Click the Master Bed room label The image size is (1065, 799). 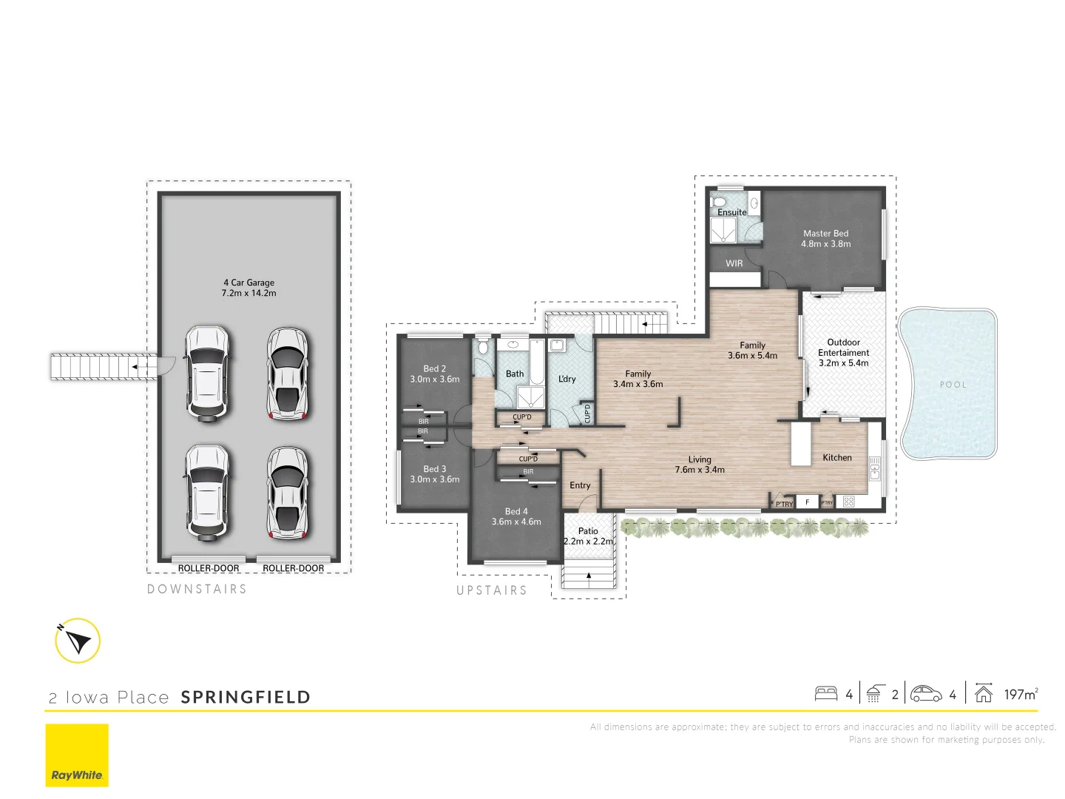pos(825,238)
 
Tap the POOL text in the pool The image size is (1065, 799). pos(953,385)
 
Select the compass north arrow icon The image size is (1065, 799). pos(78,641)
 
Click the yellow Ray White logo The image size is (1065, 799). pos(77,755)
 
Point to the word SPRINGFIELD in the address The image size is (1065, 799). pos(246,697)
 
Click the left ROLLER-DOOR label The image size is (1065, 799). pos(209,568)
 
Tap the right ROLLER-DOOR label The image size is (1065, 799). pos(293,568)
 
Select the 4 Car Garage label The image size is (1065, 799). pos(248,288)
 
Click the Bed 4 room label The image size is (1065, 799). pos(516,516)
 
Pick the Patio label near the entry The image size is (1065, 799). pos(588,536)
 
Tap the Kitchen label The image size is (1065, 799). pos(837,458)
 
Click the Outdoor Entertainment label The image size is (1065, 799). pos(843,353)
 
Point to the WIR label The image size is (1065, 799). pos(734,263)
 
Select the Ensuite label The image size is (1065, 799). pos(731,212)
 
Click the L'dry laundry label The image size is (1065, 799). pos(567,379)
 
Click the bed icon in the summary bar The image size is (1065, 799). pos(826,694)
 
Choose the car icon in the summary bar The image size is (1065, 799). pos(926,694)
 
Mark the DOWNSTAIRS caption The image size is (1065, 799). pos(197,589)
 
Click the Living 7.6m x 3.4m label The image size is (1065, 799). pos(700,465)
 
